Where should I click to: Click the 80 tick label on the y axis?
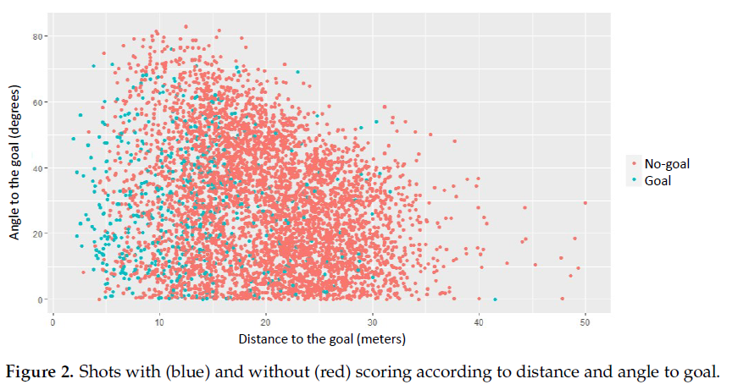pos(37,36)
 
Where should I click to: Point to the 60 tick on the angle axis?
pos(37,102)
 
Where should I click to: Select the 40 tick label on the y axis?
pos(37,168)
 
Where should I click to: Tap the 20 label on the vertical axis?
pos(37,234)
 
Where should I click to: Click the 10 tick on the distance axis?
pos(159,322)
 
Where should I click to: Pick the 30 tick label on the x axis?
pos(372,322)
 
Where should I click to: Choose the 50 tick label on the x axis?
pos(585,322)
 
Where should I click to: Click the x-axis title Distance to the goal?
pos(322,339)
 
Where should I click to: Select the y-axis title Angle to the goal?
pos(14,162)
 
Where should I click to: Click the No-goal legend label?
pos(667,164)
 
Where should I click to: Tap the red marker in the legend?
pos(634,163)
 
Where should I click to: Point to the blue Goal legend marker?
pos(634,180)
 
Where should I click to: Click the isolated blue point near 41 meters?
pos(495,299)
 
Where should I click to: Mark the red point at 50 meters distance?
pos(585,203)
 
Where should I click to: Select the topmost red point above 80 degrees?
pos(186,27)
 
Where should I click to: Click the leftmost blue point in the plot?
pos(73,139)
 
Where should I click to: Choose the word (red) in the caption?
pos(332,372)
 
